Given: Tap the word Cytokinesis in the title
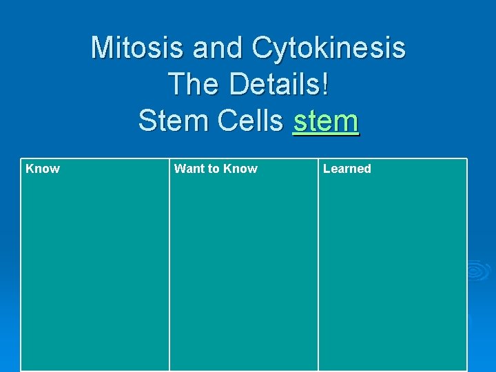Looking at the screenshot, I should (329, 48).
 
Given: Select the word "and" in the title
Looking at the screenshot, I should (218, 48).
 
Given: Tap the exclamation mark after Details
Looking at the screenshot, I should (325, 85).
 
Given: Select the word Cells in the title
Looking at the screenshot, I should (249, 121).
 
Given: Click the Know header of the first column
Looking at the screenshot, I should (43, 169).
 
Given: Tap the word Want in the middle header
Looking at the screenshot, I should (189, 169).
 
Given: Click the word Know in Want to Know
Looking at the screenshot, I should (240, 169).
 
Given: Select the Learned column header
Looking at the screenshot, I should (347, 169).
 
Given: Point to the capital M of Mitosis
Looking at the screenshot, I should (103, 48).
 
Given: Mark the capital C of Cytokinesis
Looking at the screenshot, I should (264, 48).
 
